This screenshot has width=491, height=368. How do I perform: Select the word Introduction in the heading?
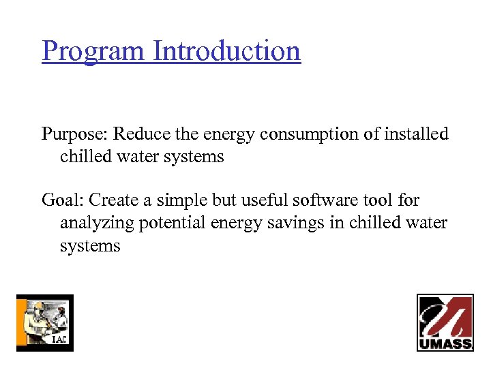tap(227, 51)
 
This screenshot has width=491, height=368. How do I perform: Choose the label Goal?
tap(63, 200)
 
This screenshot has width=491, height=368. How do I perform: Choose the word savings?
tap(303, 224)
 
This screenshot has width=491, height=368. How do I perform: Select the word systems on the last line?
tap(90, 246)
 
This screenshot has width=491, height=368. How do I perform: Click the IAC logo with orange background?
tap(44, 322)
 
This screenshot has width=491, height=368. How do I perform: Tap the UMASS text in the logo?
tap(445, 343)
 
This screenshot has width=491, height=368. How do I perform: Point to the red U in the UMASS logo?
tap(445, 317)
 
